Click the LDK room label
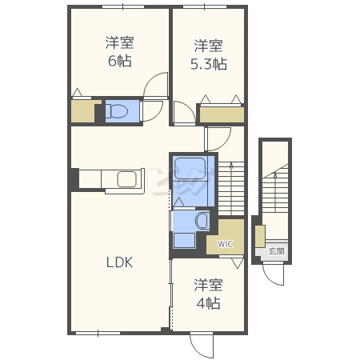(x=119, y=262)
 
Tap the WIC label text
(x=225, y=244)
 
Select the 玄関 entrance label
(x=276, y=251)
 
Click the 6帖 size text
(x=119, y=61)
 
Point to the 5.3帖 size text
(x=209, y=64)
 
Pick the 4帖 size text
(x=209, y=303)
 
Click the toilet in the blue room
(x=117, y=111)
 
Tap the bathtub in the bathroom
(x=190, y=170)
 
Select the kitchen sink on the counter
(x=127, y=179)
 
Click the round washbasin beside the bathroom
(x=202, y=220)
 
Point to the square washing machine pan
(x=184, y=240)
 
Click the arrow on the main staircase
(x=231, y=187)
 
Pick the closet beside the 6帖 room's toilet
(x=83, y=111)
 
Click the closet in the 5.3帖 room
(x=222, y=114)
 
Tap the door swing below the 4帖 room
(x=202, y=346)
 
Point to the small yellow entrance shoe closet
(x=260, y=236)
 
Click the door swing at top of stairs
(x=218, y=140)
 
